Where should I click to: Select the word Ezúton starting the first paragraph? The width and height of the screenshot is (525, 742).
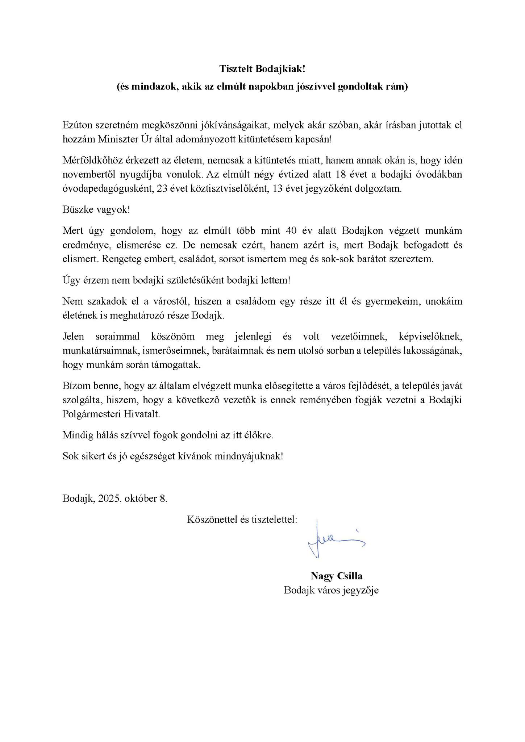click(x=77, y=125)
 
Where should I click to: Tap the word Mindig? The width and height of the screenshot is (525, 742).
click(x=75, y=435)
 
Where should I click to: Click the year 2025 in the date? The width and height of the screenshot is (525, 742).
click(x=109, y=499)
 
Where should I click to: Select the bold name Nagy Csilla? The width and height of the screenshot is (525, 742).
click(x=336, y=576)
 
